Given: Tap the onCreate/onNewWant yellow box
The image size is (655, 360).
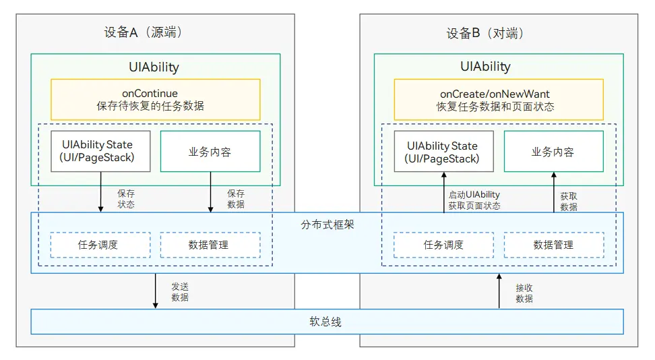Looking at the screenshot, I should tap(499, 100).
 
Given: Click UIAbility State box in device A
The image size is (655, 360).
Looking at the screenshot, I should tap(100, 151).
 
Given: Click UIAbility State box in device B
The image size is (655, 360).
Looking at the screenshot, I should tap(443, 152).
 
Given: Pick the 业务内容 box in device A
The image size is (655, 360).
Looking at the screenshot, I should tap(210, 152).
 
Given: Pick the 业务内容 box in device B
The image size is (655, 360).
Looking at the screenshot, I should tap(553, 152).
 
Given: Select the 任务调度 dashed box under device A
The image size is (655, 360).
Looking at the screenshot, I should tap(98, 245).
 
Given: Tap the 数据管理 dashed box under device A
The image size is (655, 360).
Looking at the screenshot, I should tap(209, 245).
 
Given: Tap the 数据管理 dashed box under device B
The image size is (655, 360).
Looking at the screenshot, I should tap(553, 245).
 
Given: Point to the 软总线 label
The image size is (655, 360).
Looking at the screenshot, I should tap(327, 322).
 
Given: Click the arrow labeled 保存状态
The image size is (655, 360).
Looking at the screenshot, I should tap(101, 193).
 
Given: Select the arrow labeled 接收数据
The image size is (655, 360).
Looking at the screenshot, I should tap(499, 291).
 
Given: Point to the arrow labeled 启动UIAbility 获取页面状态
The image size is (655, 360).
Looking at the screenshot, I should tap(444, 193).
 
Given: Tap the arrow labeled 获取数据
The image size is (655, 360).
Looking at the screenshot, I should tap(554, 193).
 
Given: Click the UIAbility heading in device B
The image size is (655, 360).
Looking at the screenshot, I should tap(485, 67).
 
